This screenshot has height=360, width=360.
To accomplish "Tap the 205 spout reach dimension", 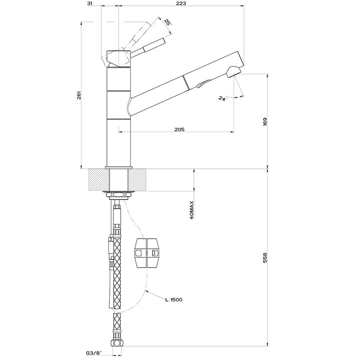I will click(179, 130).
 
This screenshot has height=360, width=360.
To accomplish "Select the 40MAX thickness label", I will click(192, 210).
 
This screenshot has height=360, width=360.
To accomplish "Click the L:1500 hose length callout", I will click(174, 300).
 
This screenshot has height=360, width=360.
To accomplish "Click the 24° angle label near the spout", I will click(223, 98).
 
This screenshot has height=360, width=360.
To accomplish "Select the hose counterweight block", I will click(147, 253).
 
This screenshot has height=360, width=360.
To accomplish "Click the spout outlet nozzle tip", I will click(234, 72).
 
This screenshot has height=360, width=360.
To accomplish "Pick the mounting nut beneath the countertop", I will click(119, 195).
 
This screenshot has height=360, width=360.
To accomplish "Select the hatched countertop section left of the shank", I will click(99, 180).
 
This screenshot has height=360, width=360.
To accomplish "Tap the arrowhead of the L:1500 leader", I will click(145, 291).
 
